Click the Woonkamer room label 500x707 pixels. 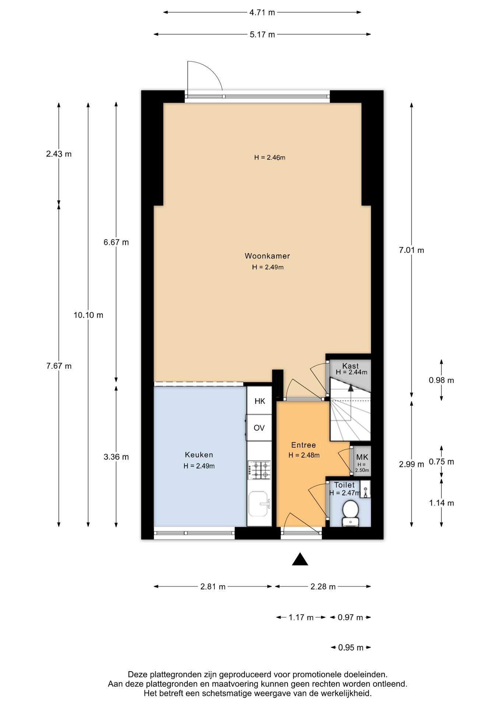(267, 256)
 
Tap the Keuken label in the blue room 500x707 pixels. (199, 455)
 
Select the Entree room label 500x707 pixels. (303, 445)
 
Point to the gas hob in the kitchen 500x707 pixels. (260, 470)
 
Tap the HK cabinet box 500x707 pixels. (260, 401)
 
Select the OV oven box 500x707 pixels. (259, 428)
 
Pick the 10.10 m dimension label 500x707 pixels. (88, 315)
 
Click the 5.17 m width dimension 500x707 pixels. (262, 35)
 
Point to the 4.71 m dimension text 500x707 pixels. (262, 13)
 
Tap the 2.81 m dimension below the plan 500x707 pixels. (213, 587)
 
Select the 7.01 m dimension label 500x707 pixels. (411, 250)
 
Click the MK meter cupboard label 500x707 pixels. (362, 457)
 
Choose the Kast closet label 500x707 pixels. (350, 366)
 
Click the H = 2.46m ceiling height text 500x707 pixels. (270, 158)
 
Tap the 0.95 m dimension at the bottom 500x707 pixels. (351, 647)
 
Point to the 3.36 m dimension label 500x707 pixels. (116, 457)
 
